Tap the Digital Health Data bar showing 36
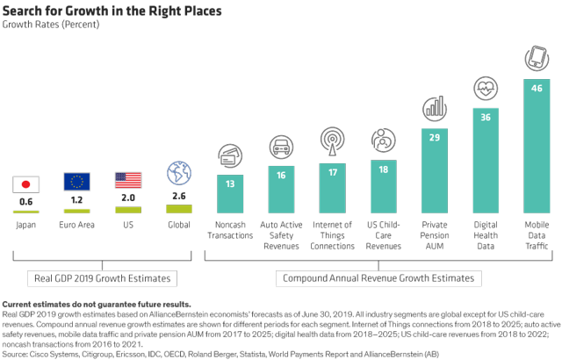click(x=486, y=162)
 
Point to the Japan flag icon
click(x=25, y=184)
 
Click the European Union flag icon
click(x=76, y=182)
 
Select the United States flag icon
click(x=127, y=180)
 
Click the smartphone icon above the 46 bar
click(x=537, y=58)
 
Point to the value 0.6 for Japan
click(x=25, y=201)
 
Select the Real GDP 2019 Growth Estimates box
click(x=103, y=278)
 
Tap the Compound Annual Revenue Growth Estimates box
click(x=377, y=278)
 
